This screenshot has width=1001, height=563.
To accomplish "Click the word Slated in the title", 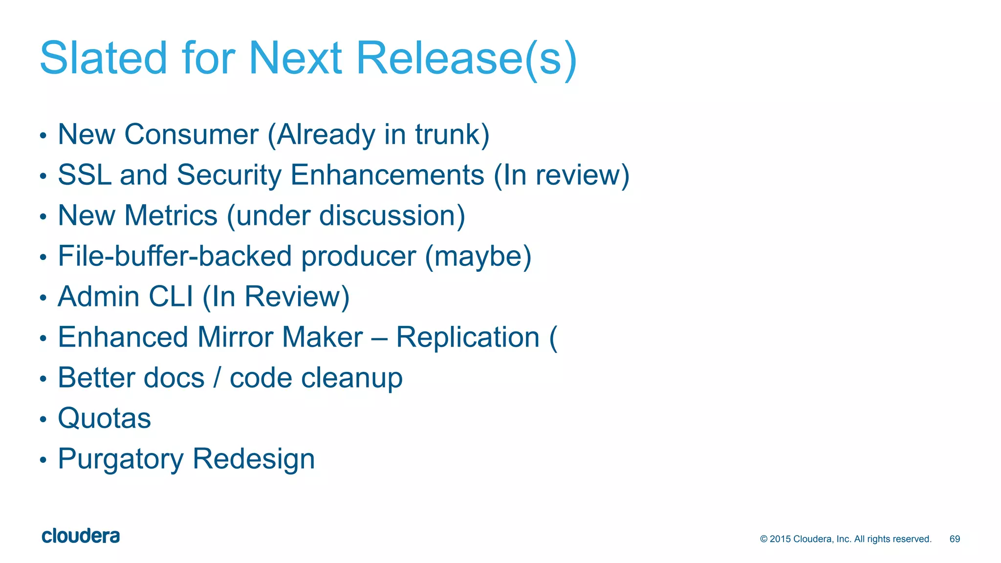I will pos(103,58).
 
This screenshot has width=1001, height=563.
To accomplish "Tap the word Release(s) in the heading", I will pos(467,58).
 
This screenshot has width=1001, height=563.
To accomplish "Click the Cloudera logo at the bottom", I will pos(81,536).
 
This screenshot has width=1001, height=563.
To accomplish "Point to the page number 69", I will pos(955,539).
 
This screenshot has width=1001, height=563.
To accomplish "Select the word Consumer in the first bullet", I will pos(191,134).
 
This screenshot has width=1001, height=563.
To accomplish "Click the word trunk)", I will pos(452,134).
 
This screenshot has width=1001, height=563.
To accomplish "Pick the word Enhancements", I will pos(387,175).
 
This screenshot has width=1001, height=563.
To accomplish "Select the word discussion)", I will pos(392,216).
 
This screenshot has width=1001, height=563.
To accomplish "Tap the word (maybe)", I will pos(478,256).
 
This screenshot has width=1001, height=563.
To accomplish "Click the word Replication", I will pos(468,337).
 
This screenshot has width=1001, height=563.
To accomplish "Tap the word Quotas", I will pos(105,418).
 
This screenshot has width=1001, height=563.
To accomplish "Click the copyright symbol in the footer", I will pos(764,539).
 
